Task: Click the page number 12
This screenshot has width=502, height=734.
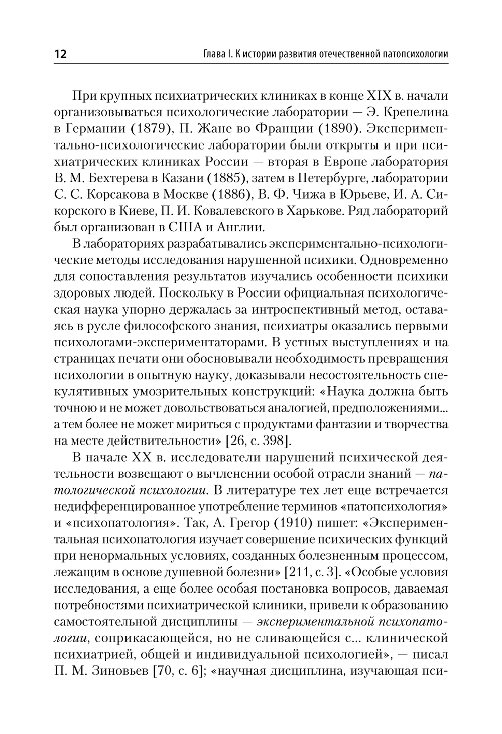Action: click(x=60, y=54)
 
